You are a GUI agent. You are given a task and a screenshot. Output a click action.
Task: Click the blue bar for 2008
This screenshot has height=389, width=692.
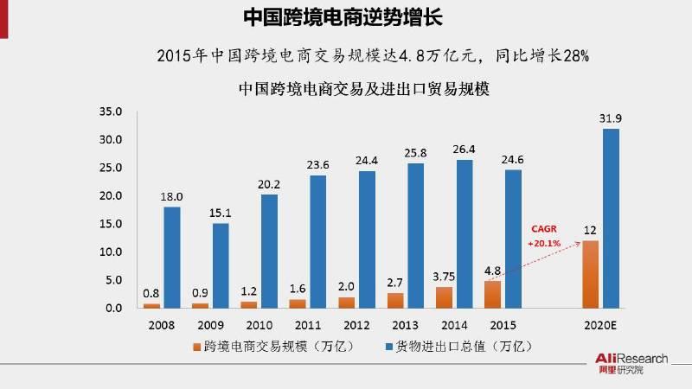(171, 257)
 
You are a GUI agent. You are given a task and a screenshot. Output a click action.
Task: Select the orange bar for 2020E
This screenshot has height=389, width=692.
(591, 274)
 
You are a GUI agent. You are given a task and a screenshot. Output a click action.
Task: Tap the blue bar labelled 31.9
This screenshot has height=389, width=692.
(612, 218)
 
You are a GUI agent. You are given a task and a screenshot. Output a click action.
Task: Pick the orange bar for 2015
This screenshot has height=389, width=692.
(492, 294)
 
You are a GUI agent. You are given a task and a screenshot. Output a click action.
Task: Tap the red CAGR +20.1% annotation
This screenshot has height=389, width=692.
(544, 236)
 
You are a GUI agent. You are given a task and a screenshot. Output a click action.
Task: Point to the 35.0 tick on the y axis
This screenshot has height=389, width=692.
(113, 112)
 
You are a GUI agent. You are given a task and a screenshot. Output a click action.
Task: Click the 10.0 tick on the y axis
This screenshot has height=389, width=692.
(113, 252)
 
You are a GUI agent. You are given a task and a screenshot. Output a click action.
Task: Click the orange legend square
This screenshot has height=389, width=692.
(195, 346)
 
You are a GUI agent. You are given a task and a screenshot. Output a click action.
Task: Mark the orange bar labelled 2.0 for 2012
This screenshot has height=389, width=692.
(346, 302)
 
